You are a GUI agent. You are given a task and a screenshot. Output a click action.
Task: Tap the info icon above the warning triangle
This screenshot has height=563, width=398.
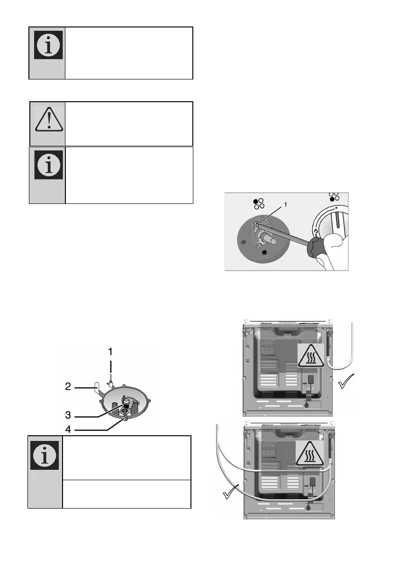(x=47, y=47)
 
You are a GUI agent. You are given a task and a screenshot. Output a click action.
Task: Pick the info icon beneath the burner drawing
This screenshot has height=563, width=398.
(x=45, y=455)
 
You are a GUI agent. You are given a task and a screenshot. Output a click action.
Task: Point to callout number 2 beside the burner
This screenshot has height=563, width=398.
(x=68, y=386)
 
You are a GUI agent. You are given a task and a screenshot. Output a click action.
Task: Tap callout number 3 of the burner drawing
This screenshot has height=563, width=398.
(x=69, y=415)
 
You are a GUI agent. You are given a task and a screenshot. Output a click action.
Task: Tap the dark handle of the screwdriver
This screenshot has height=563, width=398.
(x=312, y=246)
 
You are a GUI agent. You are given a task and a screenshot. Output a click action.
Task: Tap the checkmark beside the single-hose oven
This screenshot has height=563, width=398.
(x=348, y=380)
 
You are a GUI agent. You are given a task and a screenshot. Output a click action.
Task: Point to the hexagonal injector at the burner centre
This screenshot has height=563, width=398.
(x=127, y=403)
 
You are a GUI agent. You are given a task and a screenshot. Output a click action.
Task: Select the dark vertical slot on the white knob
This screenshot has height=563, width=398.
(x=337, y=223)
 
